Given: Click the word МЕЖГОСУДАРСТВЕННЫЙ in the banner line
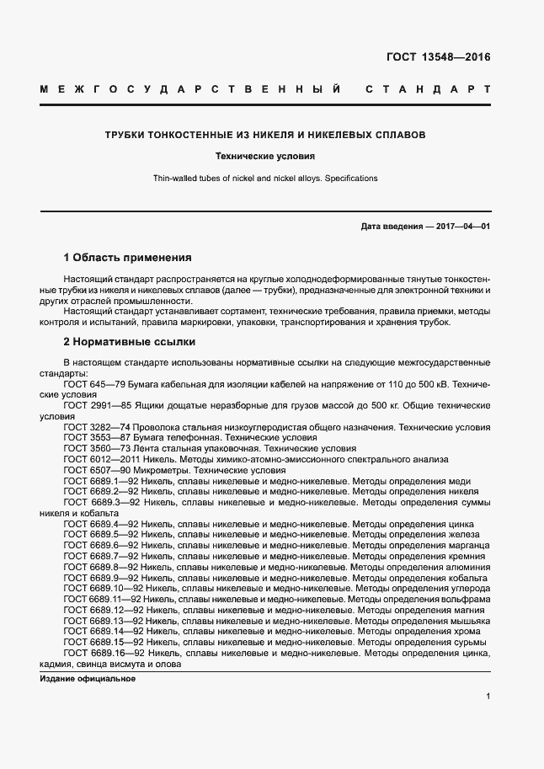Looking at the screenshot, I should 190,88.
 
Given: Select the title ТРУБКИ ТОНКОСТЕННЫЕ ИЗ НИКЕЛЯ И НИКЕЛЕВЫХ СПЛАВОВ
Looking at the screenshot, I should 265,135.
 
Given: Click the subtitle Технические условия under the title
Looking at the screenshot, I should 265,157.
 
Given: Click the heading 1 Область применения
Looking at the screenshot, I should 128,257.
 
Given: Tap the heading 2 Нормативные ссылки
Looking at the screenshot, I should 130,342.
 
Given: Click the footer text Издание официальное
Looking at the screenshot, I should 88,679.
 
